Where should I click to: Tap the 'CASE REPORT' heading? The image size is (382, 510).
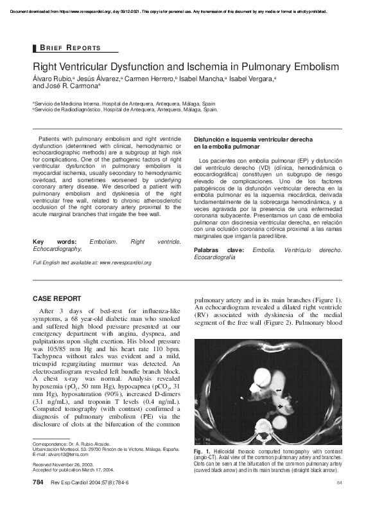56,298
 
